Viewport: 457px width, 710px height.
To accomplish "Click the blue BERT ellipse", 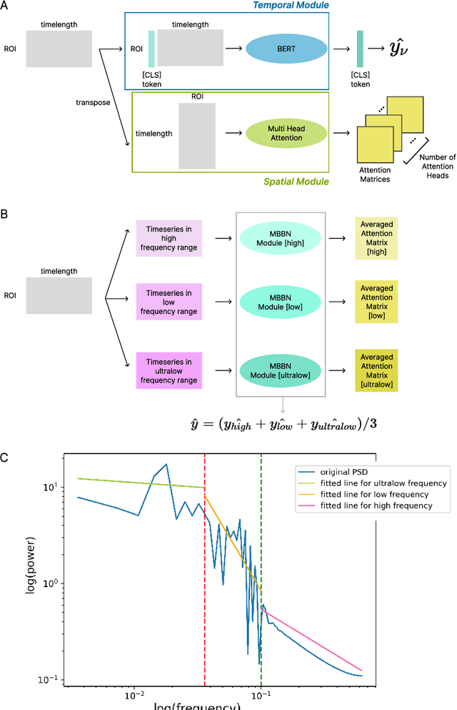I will pos(286,49).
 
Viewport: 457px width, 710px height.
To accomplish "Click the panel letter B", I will pos(4,213).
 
